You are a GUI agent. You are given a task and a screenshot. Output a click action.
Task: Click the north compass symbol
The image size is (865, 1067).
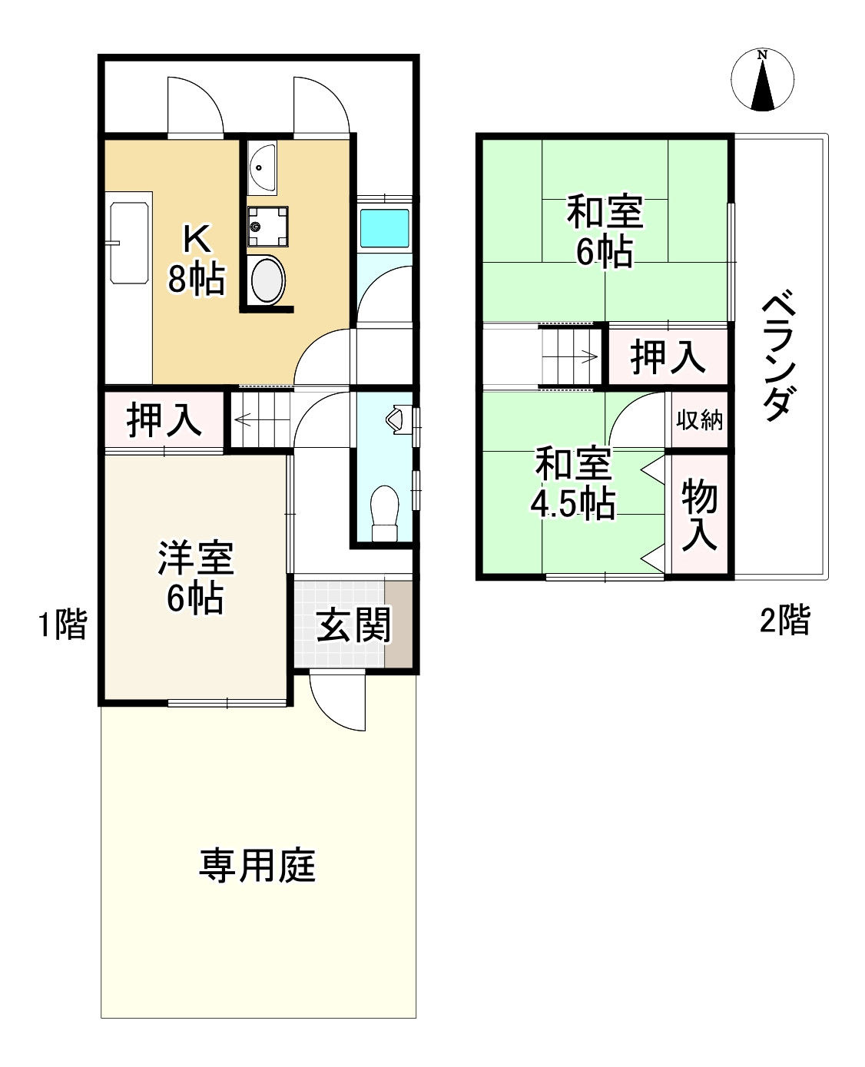762,81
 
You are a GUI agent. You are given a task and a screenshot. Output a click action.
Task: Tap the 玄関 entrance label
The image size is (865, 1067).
354,625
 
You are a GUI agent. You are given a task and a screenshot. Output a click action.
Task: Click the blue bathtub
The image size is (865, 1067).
385,228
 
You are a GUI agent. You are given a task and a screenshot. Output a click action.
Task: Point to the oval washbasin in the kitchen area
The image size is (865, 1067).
267,280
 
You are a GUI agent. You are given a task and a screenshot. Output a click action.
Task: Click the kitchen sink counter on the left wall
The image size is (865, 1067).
130,243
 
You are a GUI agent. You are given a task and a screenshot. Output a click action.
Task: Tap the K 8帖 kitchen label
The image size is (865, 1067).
197,259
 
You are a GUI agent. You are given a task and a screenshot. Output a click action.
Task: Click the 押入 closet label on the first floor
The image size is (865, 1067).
164,419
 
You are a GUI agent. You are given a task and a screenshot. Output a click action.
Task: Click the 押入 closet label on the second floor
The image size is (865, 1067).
668,356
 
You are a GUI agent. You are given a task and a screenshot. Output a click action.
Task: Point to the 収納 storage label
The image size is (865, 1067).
699,419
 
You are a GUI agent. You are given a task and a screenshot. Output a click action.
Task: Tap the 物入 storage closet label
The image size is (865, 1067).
699,514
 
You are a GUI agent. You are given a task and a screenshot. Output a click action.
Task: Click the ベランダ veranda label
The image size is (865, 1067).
780,356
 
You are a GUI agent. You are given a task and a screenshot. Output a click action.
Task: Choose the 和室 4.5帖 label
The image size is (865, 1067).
573,483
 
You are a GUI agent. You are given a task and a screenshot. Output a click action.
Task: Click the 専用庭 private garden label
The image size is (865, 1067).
257,866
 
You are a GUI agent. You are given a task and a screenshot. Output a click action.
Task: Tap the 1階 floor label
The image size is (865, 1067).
63,624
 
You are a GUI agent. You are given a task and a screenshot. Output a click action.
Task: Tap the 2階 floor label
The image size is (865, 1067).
784,619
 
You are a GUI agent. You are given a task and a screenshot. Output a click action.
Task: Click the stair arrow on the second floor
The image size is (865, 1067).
588,356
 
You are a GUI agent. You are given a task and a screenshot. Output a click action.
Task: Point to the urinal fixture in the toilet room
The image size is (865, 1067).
396,419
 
